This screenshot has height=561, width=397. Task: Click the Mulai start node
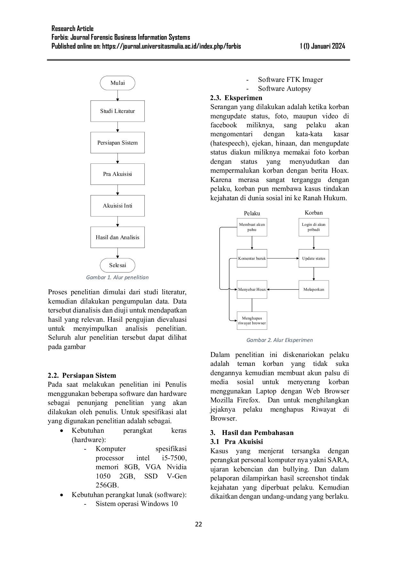click(117, 83)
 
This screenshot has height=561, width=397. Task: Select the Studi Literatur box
click(117, 111)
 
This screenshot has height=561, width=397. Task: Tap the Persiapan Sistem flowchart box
click(117, 143)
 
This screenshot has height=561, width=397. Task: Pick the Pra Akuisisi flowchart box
click(117, 174)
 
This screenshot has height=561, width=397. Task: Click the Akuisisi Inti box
click(117, 206)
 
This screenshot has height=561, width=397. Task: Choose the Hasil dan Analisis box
click(117, 237)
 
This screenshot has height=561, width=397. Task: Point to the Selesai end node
click(117, 265)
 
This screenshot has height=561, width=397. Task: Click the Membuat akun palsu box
click(252, 227)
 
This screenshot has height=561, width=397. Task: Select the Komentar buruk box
click(252, 258)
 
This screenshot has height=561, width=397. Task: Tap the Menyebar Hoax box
click(252, 289)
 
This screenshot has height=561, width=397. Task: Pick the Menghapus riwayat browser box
click(252, 320)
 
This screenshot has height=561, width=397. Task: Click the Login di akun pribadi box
click(314, 227)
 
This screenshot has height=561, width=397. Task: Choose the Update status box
click(314, 258)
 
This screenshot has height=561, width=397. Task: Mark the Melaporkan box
click(314, 289)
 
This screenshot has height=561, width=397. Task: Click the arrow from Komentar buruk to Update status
click(283, 258)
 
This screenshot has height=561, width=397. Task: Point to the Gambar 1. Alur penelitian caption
click(117, 277)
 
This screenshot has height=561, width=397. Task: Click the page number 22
click(199, 524)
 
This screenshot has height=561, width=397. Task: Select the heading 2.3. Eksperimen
click(236, 98)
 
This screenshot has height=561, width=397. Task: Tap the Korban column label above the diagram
click(314, 213)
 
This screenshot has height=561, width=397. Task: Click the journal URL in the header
click(172, 46)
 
